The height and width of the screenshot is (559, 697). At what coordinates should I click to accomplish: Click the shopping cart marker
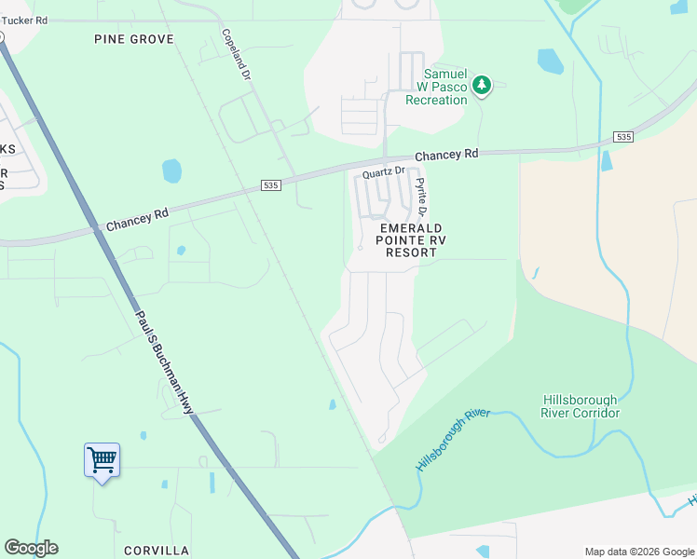tap(102, 459)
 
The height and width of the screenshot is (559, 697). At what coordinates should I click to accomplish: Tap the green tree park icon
tap(481, 87)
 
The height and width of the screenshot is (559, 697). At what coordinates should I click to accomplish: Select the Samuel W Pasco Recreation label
tap(445, 87)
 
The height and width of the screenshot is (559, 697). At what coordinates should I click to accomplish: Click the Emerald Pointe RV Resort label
tap(409, 239)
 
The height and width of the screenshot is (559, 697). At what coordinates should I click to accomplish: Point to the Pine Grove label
tap(134, 39)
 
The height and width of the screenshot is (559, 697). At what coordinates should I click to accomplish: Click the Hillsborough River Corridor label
tap(581, 406)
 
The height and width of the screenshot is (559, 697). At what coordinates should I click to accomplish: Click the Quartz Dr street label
tap(384, 171)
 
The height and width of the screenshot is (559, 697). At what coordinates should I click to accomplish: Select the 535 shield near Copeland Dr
tap(270, 185)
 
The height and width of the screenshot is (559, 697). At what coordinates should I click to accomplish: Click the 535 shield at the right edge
tap(623, 137)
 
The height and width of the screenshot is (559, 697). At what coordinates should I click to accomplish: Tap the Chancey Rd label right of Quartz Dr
tap(446, 155)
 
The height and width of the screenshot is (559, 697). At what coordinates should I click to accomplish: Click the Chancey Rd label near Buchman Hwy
tap(137, 219)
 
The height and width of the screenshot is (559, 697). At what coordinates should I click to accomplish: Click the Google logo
tap(31, 548)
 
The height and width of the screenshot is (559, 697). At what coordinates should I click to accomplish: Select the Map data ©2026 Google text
tap(638, 552)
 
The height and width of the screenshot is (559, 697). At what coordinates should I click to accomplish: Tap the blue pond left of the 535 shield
tap(171, 170)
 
